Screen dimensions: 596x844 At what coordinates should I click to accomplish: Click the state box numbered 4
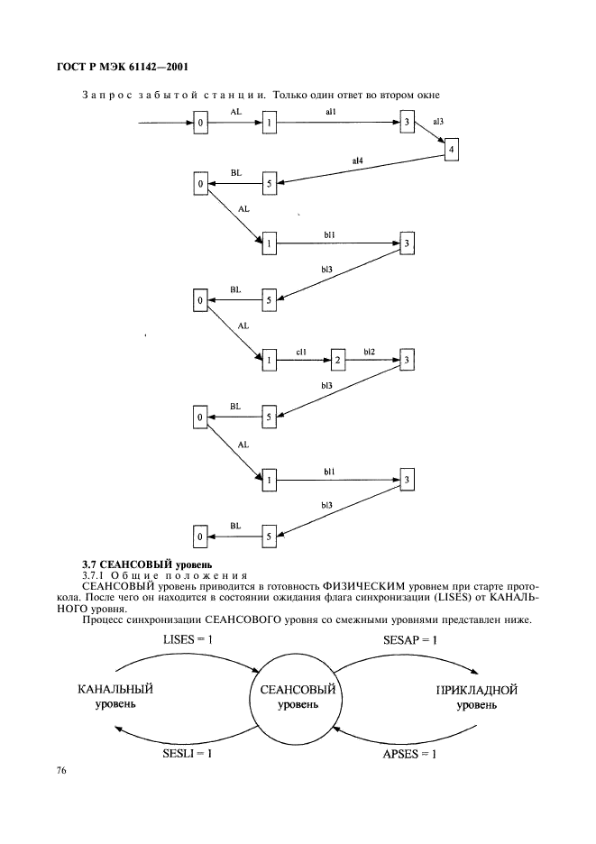click(x=451, y=150)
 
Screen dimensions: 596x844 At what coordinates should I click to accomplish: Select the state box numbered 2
click(x=337, y=360)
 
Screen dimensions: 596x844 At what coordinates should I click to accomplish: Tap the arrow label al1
click(x=331, y=112)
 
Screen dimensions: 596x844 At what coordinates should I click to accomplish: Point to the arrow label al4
click(x=357, y=161)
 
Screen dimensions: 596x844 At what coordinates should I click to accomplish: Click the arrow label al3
click(x=438, y=122)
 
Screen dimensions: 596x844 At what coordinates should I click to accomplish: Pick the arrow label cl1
click(x=301, y=352)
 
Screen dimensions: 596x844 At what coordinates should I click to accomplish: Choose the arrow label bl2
click(x=369, y=352)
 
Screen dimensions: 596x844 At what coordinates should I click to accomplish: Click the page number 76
click(x=60, y=771)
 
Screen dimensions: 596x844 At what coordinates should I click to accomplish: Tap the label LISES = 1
click(x=188, y=639)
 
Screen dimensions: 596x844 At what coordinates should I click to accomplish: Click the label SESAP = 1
click(x=410, y=639)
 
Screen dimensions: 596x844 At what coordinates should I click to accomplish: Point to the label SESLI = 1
click(x=188, y=754)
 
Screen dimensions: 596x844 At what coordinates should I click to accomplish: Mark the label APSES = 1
click(x=409, y=754)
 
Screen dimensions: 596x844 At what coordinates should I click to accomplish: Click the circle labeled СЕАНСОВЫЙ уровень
click(x=298, y=696)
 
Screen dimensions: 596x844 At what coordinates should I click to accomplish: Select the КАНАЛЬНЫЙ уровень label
click(x=115, y=696)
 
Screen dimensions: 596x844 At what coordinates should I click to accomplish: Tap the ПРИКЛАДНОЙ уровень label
click(x=476, y=697)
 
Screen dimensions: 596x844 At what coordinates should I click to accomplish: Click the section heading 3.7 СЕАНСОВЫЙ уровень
click(x=147, y=564)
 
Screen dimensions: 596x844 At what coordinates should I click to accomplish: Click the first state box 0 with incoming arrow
click(x=200, y=123)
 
